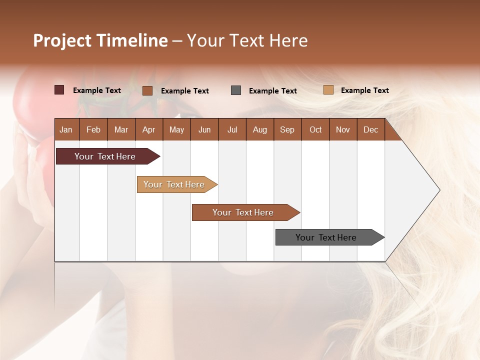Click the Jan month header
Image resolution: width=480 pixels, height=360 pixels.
tap(66, 130)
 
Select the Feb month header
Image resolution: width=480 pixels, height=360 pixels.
tap(93, 130)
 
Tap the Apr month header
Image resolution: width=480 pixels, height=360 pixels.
tap(149, 130)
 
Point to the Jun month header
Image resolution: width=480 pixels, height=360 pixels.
tap(204, 130)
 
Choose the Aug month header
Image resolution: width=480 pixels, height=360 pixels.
tap(260, 130)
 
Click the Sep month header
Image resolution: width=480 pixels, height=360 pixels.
tap(287, 130)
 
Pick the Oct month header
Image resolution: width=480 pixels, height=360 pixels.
tap(315, 130)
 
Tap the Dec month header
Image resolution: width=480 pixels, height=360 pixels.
tap(371, 130)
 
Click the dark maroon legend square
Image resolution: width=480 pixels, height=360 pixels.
tap(59, 90)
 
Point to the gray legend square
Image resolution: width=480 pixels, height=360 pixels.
tap(236, 90)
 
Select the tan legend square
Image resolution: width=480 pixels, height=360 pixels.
tap(328, 90)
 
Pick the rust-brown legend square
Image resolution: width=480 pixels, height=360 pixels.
tap(147, 90)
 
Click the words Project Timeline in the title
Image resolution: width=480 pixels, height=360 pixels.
tap(100, 40)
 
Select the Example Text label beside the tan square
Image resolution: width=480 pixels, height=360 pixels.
tap(364, 90)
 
